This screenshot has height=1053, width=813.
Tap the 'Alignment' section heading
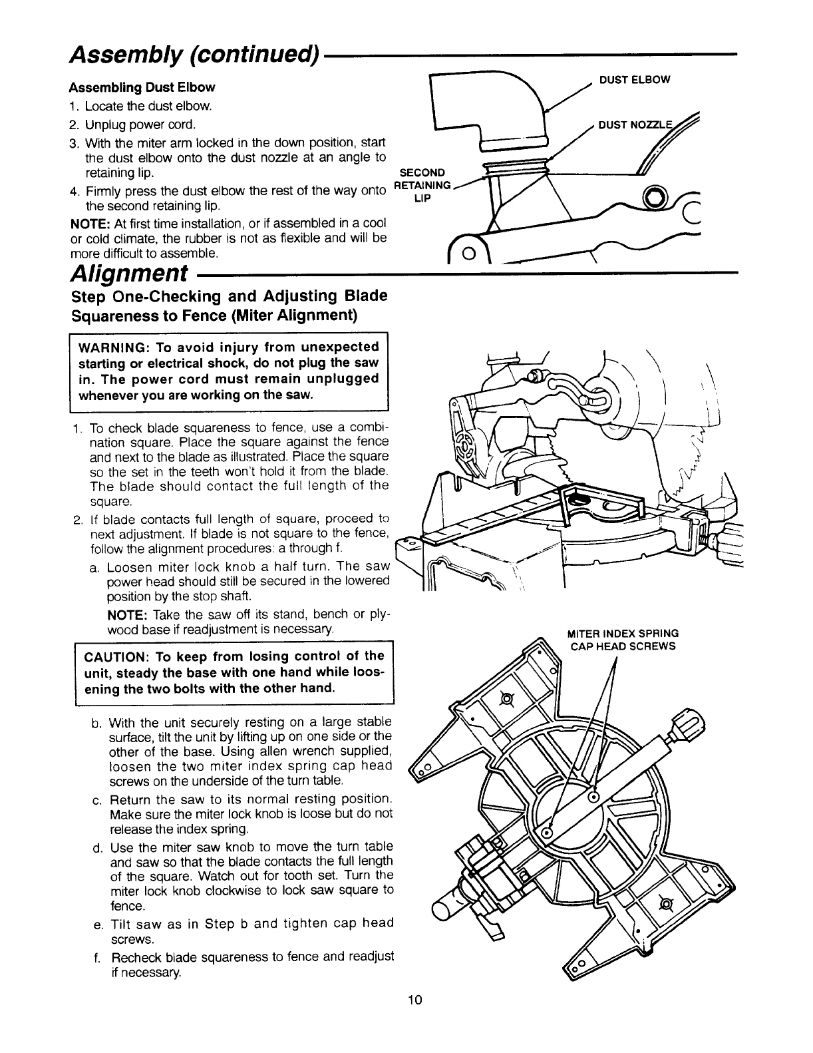point(127,274)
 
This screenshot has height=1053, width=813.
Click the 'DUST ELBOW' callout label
point(635,80)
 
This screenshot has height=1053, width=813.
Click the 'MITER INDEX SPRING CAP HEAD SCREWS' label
point(622,640)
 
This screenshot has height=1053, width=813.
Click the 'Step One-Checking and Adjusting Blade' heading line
point(229,296)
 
